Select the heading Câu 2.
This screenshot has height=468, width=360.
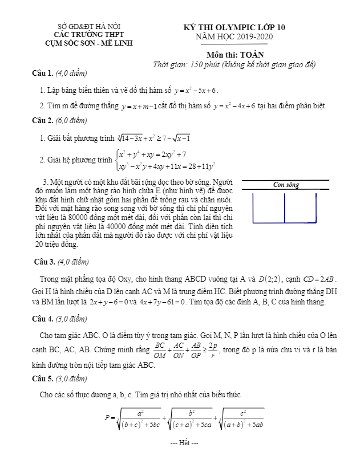click(x=43, y=120)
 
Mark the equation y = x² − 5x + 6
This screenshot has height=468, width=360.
click(x=196, y=90)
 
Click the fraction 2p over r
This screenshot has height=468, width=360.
click(x=211, y=349)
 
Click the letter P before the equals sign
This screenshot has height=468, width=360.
click(x=107, y=417)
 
